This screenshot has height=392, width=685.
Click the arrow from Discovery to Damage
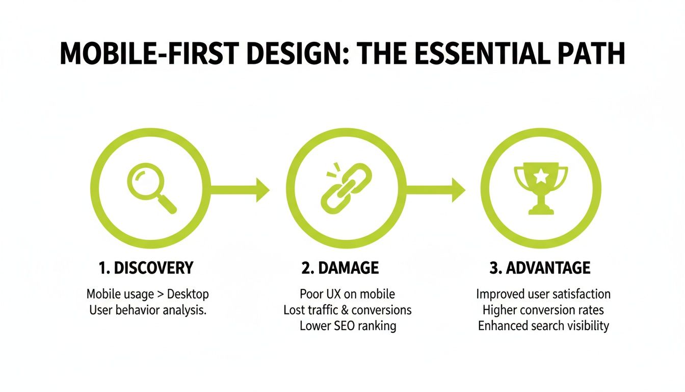click(x=240, y=190)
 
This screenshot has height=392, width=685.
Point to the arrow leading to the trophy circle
click(x=436, y=190)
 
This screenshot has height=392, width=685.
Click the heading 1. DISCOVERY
click(x=147, y=268)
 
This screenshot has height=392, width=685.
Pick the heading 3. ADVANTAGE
click(x=540, y=268)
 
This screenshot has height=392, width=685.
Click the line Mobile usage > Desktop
click(x=147, y=295)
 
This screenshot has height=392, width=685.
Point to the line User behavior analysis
click(x=147, y=310)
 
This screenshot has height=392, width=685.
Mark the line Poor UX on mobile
click(x=347, y=295)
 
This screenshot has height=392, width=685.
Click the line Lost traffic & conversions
click(x=347, y=310)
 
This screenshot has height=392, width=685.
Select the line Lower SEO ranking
click(x=347, y=326)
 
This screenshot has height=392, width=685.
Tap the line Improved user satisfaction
click(x=543, y=295)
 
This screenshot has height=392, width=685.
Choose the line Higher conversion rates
click(x=543, y=310)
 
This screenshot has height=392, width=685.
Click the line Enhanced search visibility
click(x=543, y=326)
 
